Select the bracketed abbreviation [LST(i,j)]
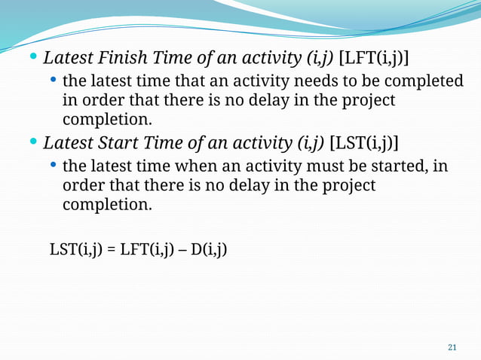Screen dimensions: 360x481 point(365,142)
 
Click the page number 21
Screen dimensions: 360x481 point(452,347)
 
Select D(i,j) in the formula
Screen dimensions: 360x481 point(208,248)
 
